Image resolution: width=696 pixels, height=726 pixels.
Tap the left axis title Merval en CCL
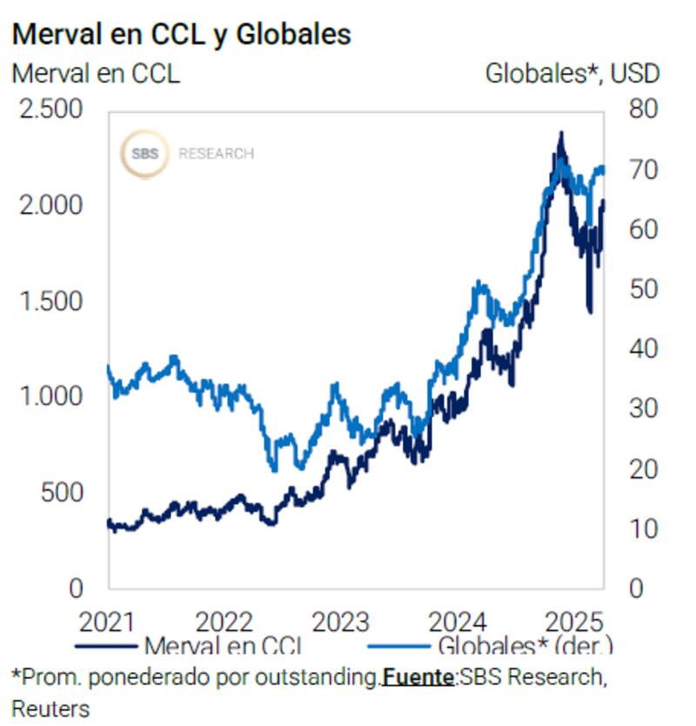click(96, 73)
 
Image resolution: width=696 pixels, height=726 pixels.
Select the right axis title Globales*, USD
click(572, 73)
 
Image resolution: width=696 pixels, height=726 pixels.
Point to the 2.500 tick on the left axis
click(58, 110)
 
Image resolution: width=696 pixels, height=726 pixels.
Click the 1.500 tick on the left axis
click(58, 301)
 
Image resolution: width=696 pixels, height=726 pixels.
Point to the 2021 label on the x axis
click(107, 623)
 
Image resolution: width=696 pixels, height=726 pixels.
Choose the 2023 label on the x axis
click(341, 623)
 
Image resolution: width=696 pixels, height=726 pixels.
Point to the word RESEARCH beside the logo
click(216, 154)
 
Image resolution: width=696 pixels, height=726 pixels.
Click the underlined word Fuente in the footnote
click(418, 676)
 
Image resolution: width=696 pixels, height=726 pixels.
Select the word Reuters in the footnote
click(50, 708)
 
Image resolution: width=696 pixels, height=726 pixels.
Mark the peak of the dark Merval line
click(561, 133)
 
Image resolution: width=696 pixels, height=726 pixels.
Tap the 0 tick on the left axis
click(76, 589)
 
